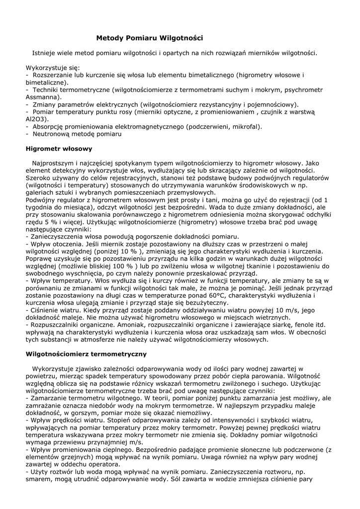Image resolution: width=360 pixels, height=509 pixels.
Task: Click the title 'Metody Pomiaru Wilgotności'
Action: (149, 38)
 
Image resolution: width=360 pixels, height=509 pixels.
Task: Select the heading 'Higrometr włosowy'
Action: (58, 148)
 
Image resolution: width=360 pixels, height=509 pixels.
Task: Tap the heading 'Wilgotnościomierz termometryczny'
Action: (86, 354)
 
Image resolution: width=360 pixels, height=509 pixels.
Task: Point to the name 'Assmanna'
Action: (41, 97)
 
